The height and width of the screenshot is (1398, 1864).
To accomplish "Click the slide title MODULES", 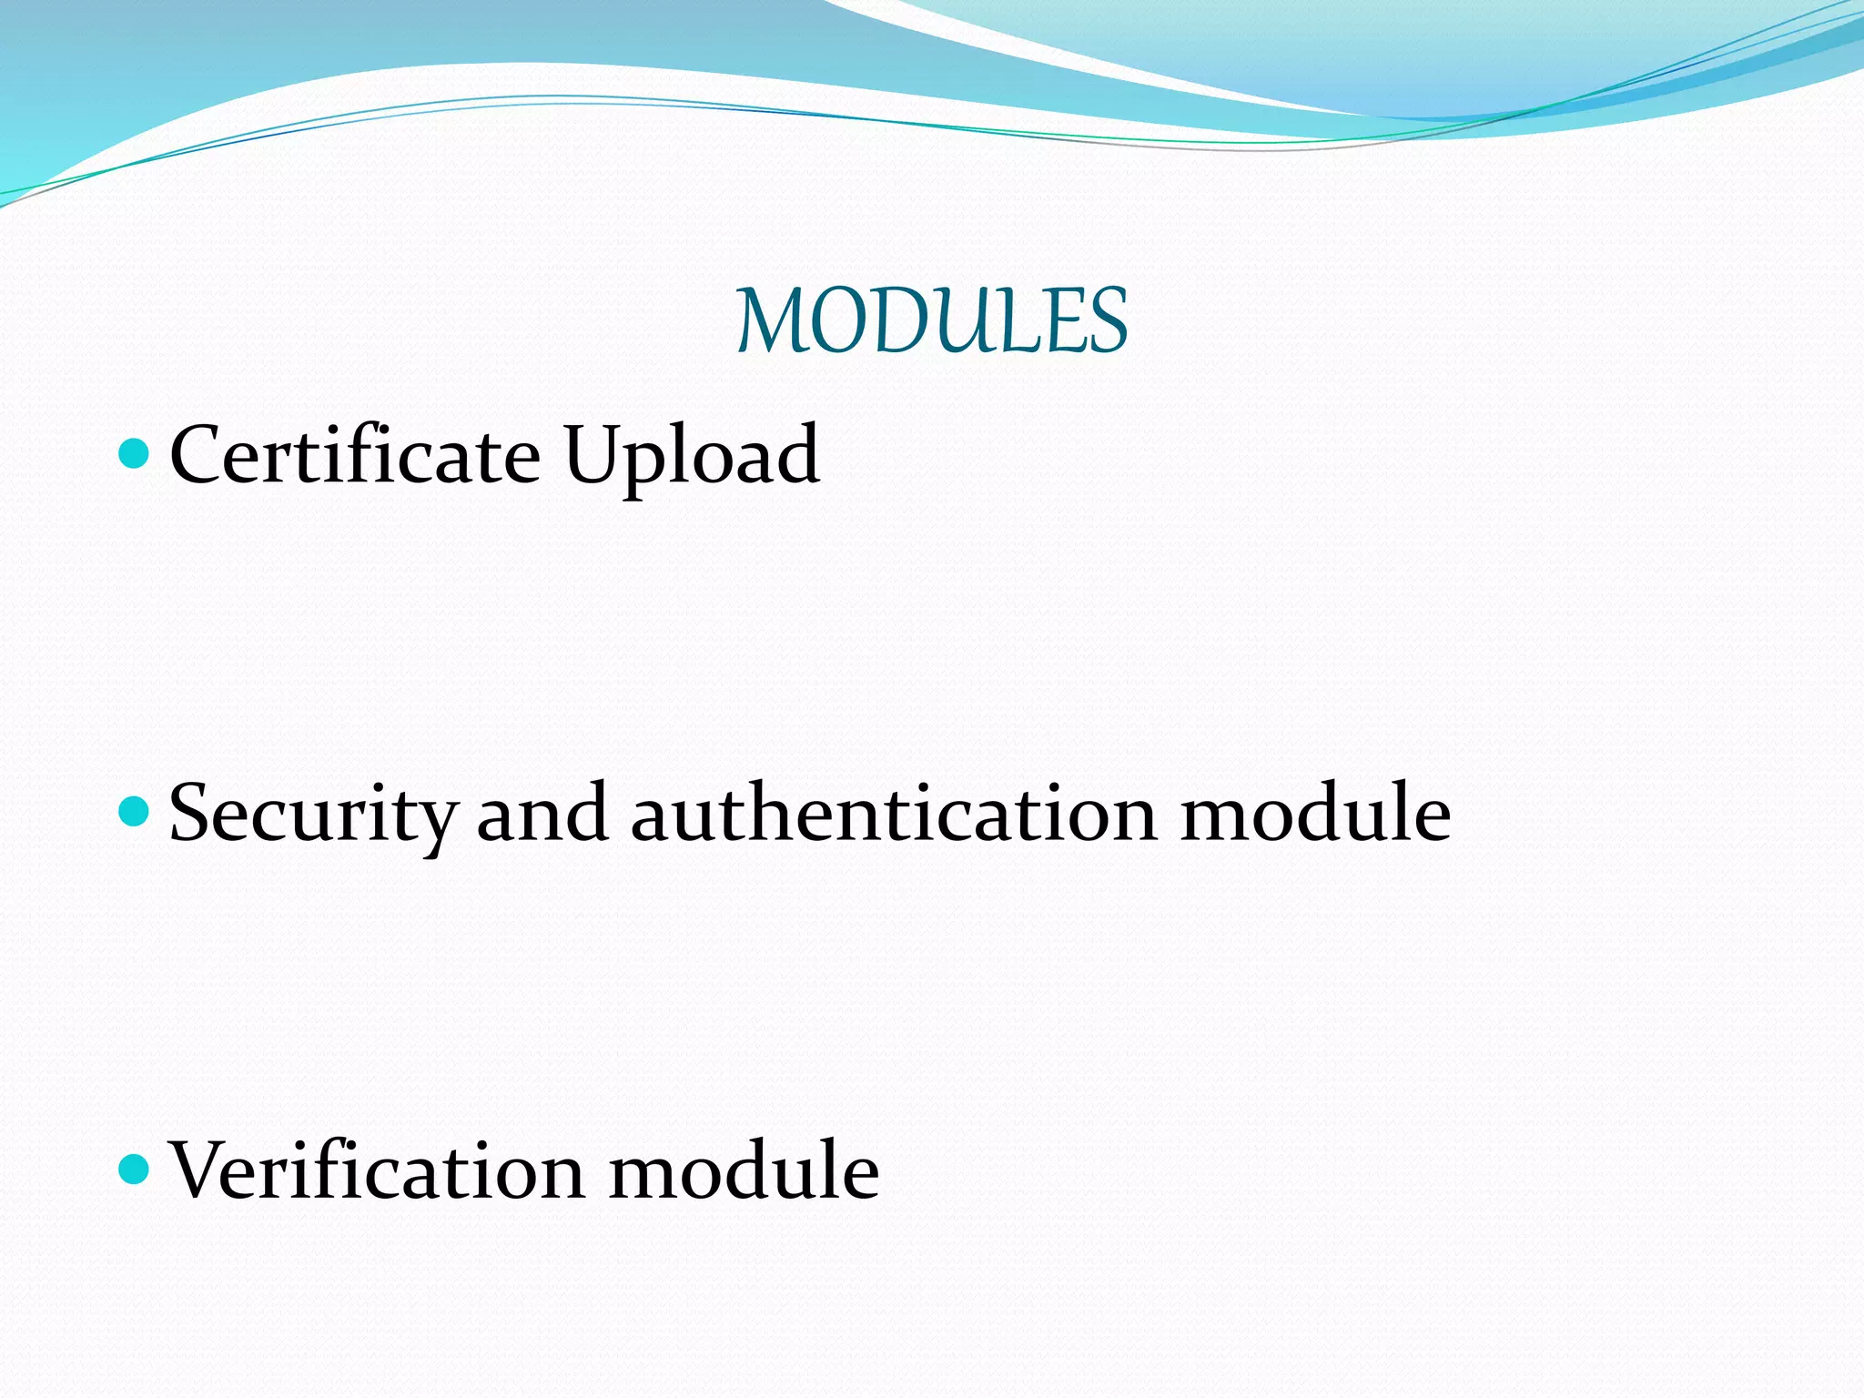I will pos(932,320).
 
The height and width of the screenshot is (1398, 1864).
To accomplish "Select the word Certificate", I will pos(355,455).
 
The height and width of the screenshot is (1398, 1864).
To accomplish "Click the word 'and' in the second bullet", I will pos(542,812).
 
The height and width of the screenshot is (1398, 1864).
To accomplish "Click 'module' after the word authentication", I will pos(1315,812).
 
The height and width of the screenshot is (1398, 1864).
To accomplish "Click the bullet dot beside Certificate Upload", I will pos(134,452).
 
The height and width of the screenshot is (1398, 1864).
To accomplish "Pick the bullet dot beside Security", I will pos(134,810).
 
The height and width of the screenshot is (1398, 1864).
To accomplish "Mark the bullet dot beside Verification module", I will pos(134,1169).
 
